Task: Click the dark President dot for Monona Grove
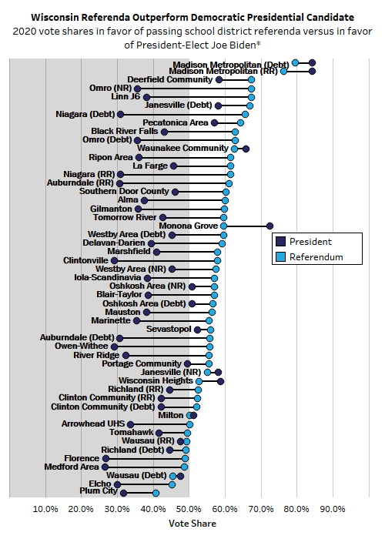click(269, 226)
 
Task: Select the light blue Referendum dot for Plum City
click(156, 493)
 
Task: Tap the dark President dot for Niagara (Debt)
click(120, 114)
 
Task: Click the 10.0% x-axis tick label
click(46, 509)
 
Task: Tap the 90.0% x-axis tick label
click(333, 509)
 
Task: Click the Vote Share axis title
click(189, 524)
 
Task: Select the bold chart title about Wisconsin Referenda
click(192, 15)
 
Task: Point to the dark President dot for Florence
click(105, 458)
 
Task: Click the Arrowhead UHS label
click(92, 423)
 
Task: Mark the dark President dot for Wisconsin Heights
click(220, 380)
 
